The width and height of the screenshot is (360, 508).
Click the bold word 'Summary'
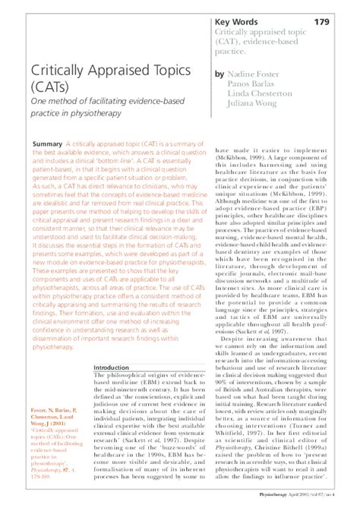coord(48,144)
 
